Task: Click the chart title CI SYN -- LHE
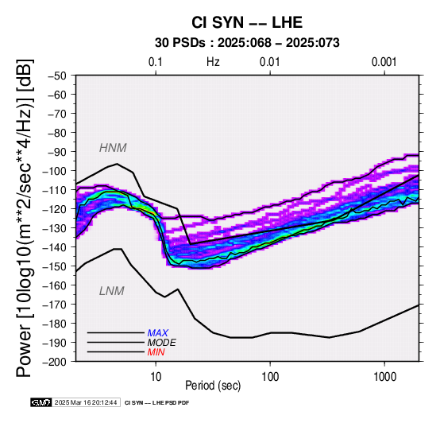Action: coord(247,22)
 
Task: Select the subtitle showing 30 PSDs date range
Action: coord(247,43)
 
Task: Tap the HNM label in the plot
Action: coord(113,148)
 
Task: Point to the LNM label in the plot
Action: coord(112,291)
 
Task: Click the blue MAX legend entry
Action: coord(158,333)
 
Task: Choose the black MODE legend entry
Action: coord(162,343)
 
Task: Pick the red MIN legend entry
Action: coord(156,352)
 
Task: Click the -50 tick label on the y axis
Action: coord(57,76)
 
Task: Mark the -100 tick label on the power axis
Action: coord(55,171)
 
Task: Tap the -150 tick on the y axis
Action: coord(55,266)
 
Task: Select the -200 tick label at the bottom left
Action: coord(55,362)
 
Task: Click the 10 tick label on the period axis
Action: coord(156,377)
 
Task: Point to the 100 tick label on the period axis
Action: coord(270,377)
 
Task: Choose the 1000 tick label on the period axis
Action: coord(384,377)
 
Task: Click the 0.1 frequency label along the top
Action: coord(156,62)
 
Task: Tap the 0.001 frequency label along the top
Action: coord(384,62)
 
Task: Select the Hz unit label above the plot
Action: coord(213,62)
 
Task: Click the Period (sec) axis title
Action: coord(213,386)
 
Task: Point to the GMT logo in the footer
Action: coord(41,402)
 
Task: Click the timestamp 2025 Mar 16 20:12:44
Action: coord(86,402)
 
